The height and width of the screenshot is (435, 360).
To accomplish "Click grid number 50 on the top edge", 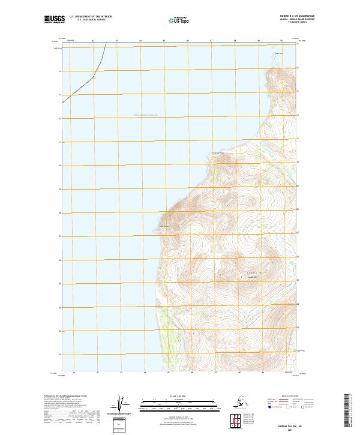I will (x=281, y=41).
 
